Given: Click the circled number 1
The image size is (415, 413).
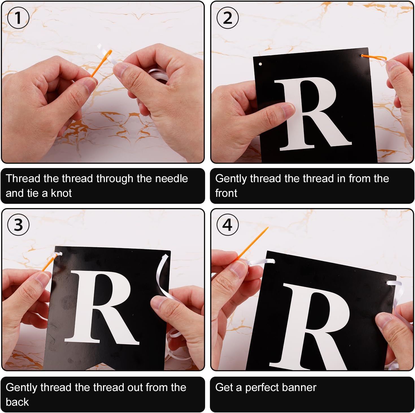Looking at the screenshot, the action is pos(18,18).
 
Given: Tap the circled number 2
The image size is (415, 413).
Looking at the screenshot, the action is pos(227,18).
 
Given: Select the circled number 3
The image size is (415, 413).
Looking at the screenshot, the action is pos(18,225).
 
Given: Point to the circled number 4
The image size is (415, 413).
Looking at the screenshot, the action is pos(227,225).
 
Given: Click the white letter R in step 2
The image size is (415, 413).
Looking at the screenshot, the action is pos(312,114).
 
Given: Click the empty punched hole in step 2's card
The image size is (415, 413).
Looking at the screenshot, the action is pos(260,64).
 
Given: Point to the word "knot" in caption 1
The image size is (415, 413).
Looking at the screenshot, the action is pos(61,193).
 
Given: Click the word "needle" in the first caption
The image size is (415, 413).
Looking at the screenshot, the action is pos(171,178).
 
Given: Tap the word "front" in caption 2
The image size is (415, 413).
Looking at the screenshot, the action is pos(226,193).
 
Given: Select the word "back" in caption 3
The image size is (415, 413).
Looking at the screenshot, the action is pos(17,402).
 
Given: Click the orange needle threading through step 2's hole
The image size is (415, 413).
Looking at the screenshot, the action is pos(374,57).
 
